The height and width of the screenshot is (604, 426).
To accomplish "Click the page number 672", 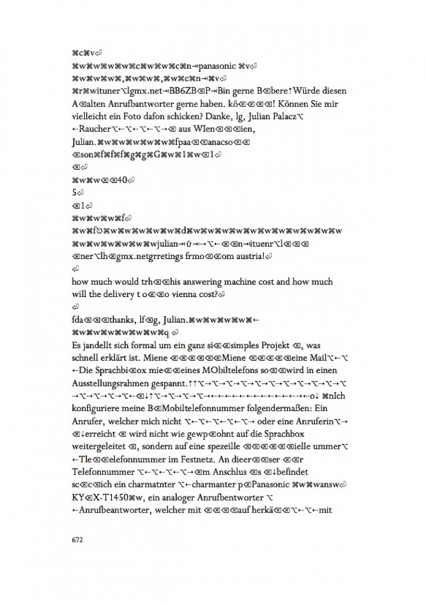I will point(77,540).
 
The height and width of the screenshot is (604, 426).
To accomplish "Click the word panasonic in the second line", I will point(217,66).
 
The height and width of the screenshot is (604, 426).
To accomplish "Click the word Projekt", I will point(275,345).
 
